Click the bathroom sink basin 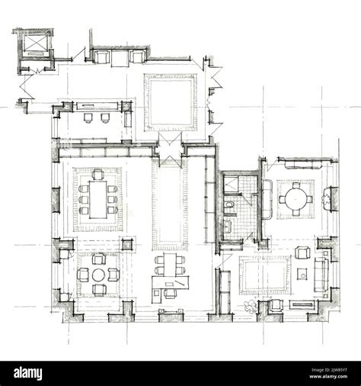[x=228, y=227]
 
